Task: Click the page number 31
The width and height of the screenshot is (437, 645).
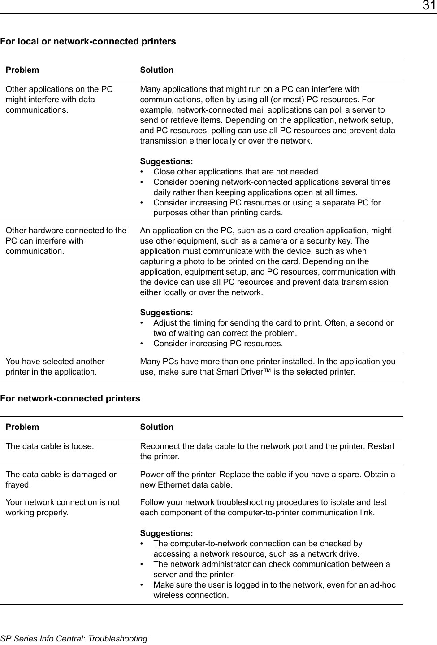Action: click(428, 6)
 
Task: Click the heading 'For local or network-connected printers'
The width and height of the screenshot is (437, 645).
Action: click(88, 42)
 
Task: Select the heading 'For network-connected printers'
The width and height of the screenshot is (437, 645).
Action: click(70, 398)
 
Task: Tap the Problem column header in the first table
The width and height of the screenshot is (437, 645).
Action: click(22, 70)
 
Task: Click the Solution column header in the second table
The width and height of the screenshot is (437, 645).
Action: click(156, 427)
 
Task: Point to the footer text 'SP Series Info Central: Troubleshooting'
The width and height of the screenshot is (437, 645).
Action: click(74, 638)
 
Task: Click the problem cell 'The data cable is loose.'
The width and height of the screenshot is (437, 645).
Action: click(50, 446)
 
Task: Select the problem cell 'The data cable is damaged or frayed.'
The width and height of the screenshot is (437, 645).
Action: click(61, 479)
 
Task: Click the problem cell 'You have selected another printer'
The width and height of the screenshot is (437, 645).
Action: click(55, 366)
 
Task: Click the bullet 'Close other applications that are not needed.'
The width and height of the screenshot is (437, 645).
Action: click(237, 172)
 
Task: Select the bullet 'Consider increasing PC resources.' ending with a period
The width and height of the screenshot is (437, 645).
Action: click(218, 344)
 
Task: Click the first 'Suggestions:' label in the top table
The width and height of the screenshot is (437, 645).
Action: click(166, 161)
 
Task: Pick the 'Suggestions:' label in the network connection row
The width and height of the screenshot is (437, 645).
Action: click(166, 533)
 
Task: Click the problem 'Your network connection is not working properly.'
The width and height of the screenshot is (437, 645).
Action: click(62, 507)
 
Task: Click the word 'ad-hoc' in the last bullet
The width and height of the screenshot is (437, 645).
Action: click(383, 585)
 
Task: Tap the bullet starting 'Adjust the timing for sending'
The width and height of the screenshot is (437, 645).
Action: click(273, 328)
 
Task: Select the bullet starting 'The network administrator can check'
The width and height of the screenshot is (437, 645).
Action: click(271, 569)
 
